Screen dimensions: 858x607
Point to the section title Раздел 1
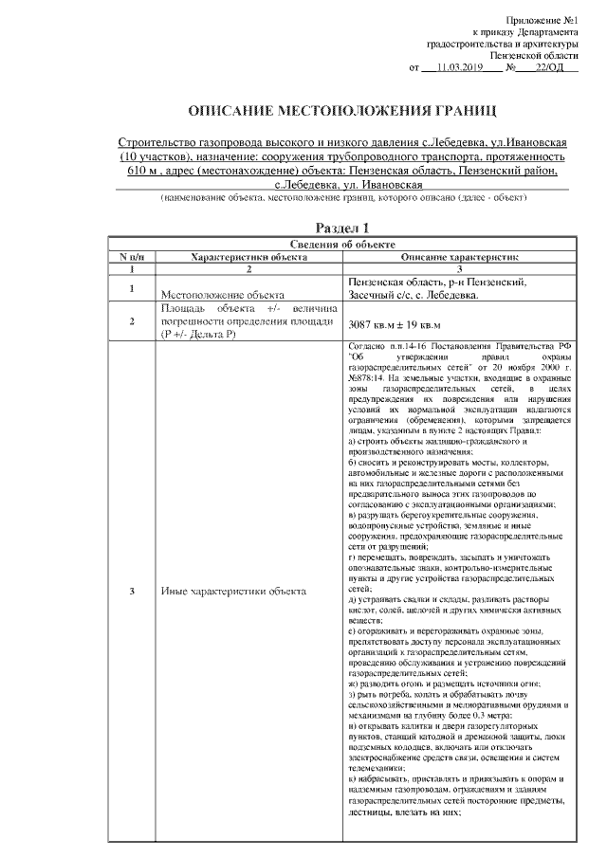point(342,228)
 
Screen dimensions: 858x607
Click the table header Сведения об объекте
point(342,244)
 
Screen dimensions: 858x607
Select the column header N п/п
point(131,256)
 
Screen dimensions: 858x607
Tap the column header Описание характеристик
point(454,256)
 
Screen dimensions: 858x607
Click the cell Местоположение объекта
point(223,295)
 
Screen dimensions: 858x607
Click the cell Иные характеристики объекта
point(233,592)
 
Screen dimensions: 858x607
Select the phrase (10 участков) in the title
point(154,155)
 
